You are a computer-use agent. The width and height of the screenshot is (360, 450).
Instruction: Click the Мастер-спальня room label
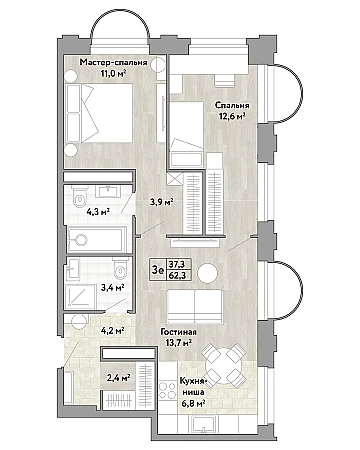tap(113, 63)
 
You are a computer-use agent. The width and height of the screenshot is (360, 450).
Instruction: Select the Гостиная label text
tap(179, 332)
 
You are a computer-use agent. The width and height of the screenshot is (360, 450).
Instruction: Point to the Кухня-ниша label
tap(194, 386)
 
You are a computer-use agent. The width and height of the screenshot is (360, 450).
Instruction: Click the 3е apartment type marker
tap(158, 270)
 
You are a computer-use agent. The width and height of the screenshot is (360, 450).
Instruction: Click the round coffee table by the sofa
tap(207, 273)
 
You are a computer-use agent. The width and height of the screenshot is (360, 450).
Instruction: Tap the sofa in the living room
tap(195, 307)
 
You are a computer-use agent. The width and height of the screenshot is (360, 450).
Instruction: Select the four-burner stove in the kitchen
tap(168, 390)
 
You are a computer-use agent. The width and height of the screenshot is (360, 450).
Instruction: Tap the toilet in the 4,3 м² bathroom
tap(79, 199)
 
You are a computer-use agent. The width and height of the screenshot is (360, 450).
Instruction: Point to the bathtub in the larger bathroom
tap(97, 239)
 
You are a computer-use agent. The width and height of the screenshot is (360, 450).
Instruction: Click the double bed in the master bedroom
tap(100, 113)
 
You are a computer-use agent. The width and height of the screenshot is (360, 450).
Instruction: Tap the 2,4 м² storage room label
tap(118, 378)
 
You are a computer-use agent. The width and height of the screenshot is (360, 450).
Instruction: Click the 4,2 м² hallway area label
tap(113, 331)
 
